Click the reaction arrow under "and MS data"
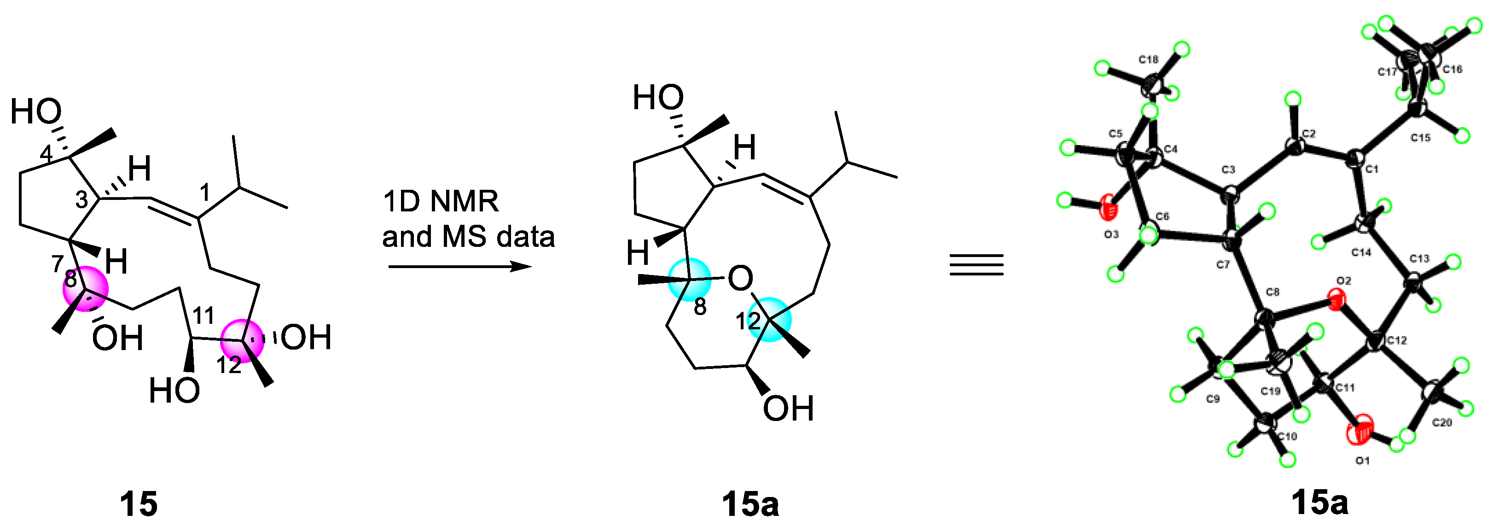460,267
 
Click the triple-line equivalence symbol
976,265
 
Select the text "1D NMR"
441,201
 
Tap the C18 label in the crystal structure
1149,59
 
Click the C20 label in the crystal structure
1442,422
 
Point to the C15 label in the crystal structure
1420,138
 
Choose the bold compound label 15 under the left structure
139,504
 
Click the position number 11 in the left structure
203,316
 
